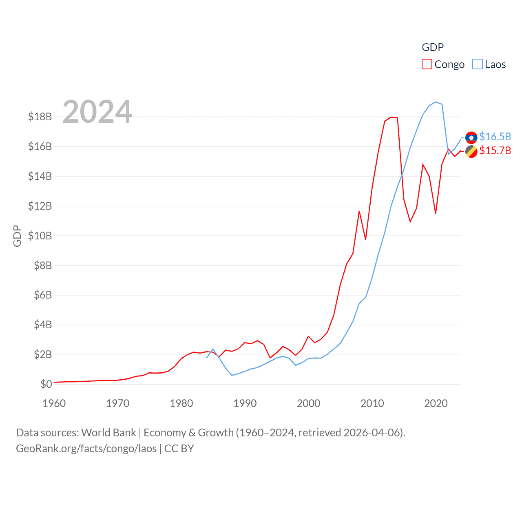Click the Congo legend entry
tap(443, 64)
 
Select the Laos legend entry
tap(489, 64)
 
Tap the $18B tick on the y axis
tap(40, 117)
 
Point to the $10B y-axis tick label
tap(40, 236)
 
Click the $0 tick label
tap(46, 384)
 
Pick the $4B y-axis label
tap(43, 325)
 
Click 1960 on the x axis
tap(54, 403)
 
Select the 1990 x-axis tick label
tap(245, 403)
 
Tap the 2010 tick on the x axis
tap(372, 403)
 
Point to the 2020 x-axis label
tap(436, 403)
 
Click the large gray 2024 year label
tap(97, 112)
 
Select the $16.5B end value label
tap(495, 137)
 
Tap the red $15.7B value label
tap(495, 150)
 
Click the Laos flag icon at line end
tap(471, 137)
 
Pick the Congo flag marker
tap(471, 151)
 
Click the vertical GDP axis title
tap(17, 236)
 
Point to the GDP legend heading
tap(433, 47)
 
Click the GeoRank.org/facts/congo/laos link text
tap(86, 449)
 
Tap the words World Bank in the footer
tap(109, 432)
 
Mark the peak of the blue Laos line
tap(436, 102)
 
